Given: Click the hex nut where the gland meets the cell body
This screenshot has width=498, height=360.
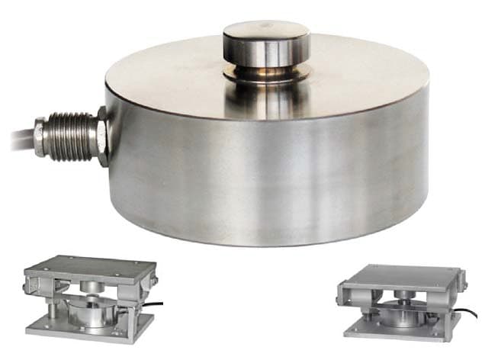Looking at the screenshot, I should click(x=101, y=137).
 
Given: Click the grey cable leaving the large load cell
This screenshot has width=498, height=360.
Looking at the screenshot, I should click(x=15, y=141).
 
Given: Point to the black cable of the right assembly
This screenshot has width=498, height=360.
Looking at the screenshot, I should click(x=469, y=313).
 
